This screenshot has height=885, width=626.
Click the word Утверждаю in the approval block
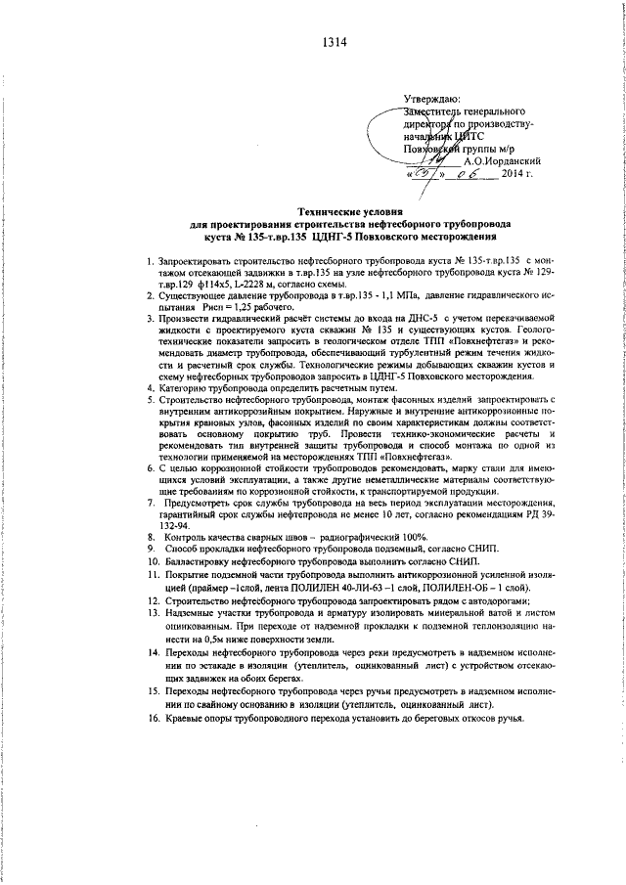pos(431,101)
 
